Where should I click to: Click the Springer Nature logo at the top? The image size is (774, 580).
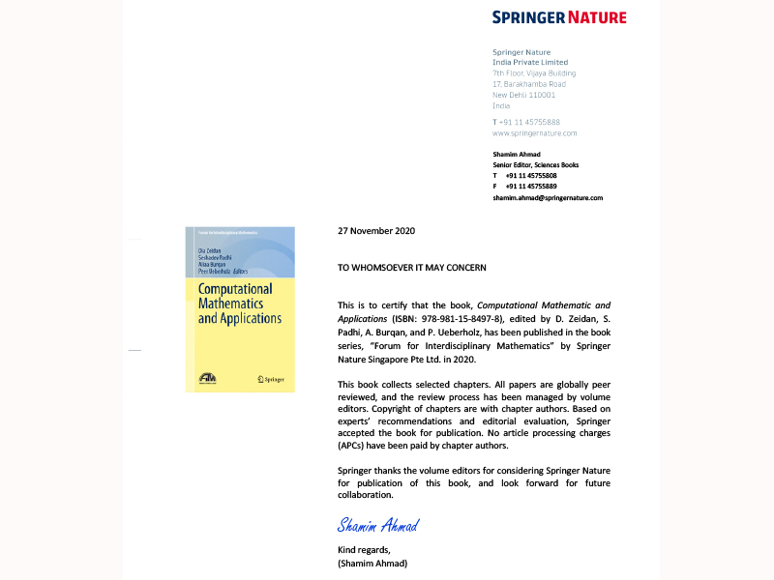tap(558, 16)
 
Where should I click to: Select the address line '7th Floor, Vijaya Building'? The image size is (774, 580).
tap(534, 73)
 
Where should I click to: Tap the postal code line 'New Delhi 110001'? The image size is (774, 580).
tap(523, 95)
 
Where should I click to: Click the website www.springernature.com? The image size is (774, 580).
tap(534, 133)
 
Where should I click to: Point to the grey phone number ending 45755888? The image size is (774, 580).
tap(526, 122)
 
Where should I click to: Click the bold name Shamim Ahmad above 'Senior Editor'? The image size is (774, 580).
tap(518, 155)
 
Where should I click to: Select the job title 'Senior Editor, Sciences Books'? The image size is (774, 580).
tap(536, 165)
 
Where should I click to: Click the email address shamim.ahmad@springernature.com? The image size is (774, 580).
tap(548, 197)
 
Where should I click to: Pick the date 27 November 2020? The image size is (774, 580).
tap(375, 231)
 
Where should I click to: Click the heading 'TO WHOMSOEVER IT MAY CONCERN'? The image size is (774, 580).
tap(411, 267)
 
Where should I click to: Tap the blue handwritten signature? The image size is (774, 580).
tap(377, 526)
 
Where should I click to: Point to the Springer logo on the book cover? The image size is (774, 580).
tap(272, 379)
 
